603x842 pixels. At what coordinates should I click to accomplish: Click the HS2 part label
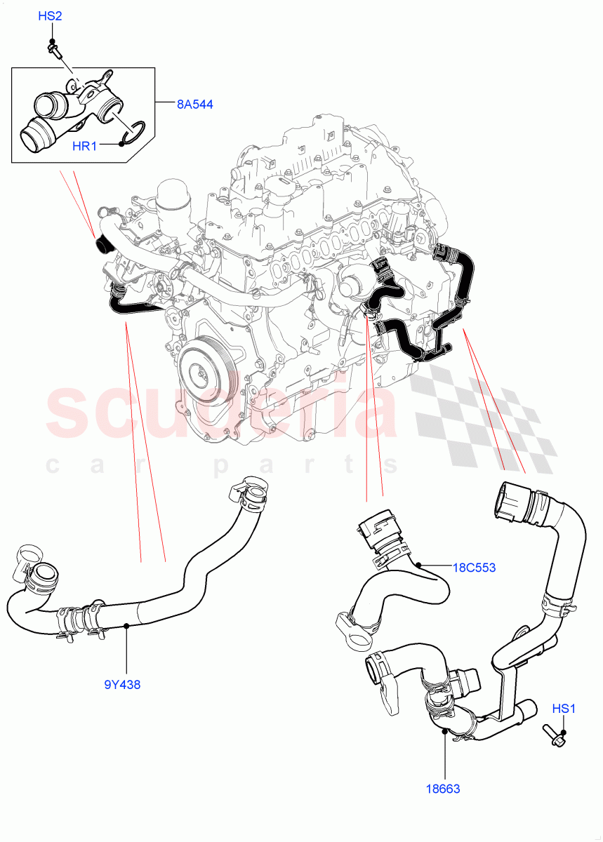click(x=50, y=16)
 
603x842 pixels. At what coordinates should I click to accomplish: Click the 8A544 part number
click(x=194, y=105)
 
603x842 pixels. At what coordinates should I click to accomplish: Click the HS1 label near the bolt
click(x=564, y=709)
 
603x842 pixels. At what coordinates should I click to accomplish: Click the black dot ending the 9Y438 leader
click(x=126, y=624)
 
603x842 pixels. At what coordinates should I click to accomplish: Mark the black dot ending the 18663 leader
click(x=445, y=730)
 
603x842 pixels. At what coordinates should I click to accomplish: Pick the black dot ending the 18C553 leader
click(x=418, y=564)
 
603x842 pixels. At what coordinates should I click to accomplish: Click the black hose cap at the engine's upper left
click(x=104, y=243)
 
